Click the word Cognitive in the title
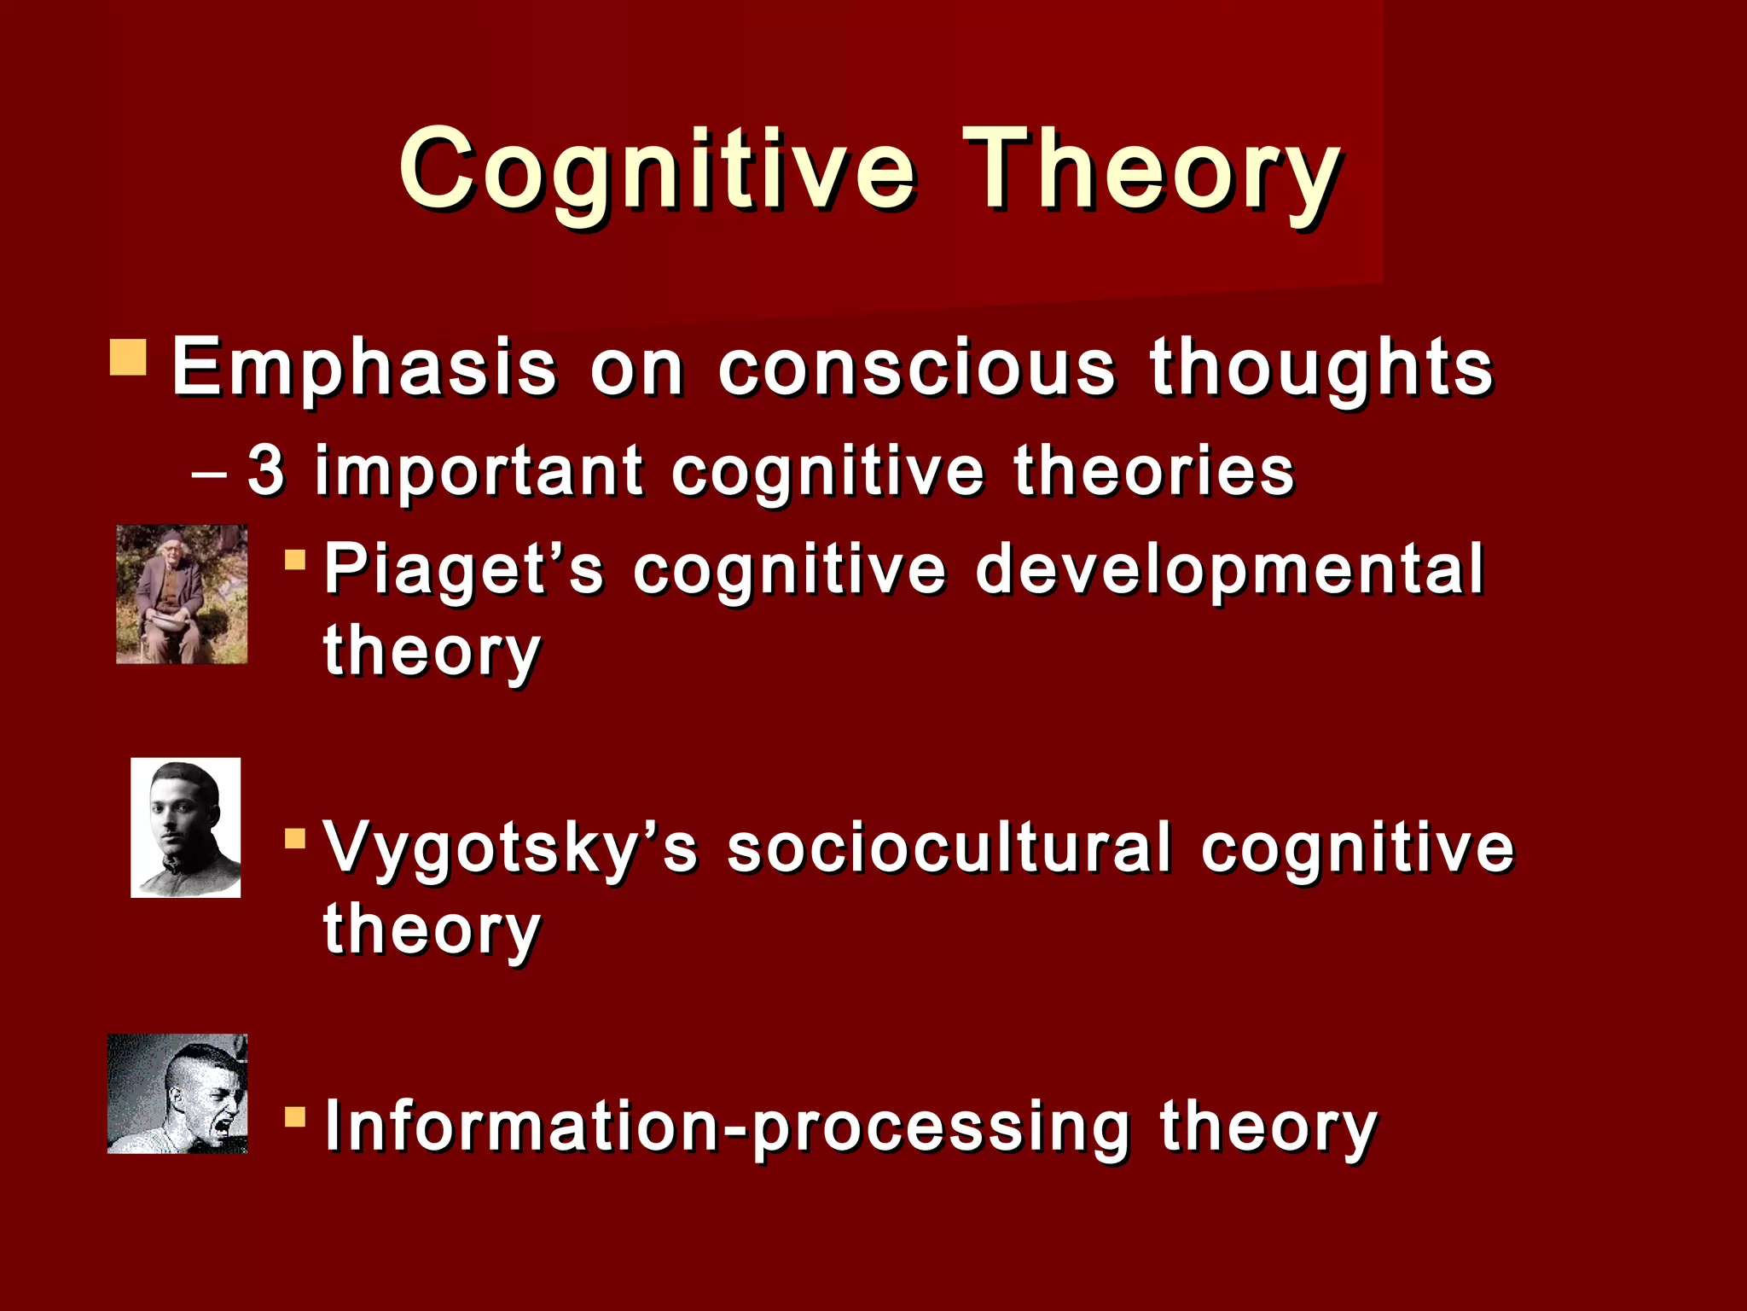[657, 169]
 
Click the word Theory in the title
[1152, 169]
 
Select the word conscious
[916, 369]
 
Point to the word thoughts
[1321, 369]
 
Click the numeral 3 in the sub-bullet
[265, 470]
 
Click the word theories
[1153, 470]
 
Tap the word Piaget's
[464, 570]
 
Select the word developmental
[1229, 570]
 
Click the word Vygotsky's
[511, 849]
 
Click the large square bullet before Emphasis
[128, 358]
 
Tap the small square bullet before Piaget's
[295, 561]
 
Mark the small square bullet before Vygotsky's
[295, 839]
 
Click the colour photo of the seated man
[182, 594]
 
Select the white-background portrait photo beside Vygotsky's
[185, 827]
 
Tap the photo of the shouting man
[177, 1093]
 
